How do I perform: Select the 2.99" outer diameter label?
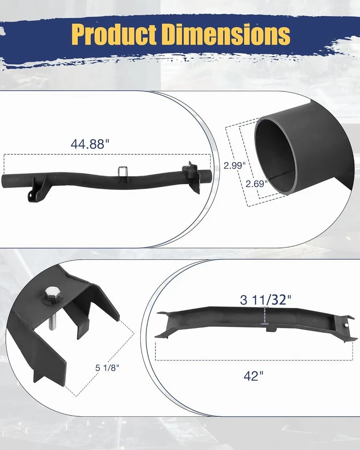pos(234,165)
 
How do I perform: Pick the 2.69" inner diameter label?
pos(256,184)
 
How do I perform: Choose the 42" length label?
pos(254,375)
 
